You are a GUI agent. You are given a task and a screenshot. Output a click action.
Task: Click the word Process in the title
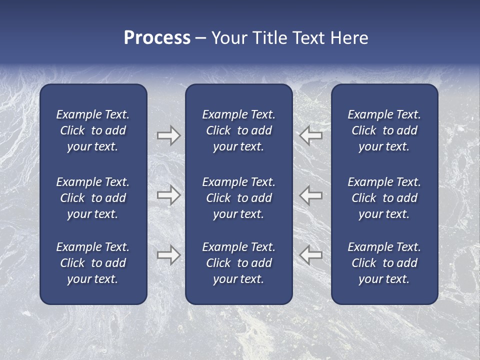pyautogui.click(x=157, y=38)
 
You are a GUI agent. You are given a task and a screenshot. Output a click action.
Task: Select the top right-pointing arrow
pyautogui.click(x=168, y=135)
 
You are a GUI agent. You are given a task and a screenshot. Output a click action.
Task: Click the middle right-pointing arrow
pyautogui.click(x=168, y=195)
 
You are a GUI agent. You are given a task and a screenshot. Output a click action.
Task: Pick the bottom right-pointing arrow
pyautogui.click(x=168, y=255)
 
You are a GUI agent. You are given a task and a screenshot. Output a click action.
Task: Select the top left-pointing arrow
pyautogui.click(x=311, y=135)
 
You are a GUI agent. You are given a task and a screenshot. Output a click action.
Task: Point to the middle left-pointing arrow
pyautogui.click(x=311, y=195)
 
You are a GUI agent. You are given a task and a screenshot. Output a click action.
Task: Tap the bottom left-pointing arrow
pyautogui.click(x=311, y=255)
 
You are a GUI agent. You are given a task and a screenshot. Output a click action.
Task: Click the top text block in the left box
pyautogui.click(x=93, y=130)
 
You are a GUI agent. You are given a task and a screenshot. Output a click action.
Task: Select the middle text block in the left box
pyautogui.click(x=93, y=198)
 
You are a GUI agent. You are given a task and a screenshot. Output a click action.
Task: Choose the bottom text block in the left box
pyautogui.click(x=93, y=263)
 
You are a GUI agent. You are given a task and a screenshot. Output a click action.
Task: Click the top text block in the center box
pyautogui.click(x=238, y=130)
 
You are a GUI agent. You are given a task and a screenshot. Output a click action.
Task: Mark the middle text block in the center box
pyautogui.click(x=238, y=198)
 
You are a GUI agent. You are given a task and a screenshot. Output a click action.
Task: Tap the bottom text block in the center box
pyautogui.click(x=238, y=263)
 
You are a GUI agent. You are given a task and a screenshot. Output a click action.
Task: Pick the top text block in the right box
pyautogui.click(x=384, y=130)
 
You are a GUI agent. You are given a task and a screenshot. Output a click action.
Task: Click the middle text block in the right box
pyautogui.click(x=384, y=198)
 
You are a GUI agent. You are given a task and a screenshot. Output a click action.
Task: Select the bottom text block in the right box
pyautogui.click(x=384, y=263)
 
